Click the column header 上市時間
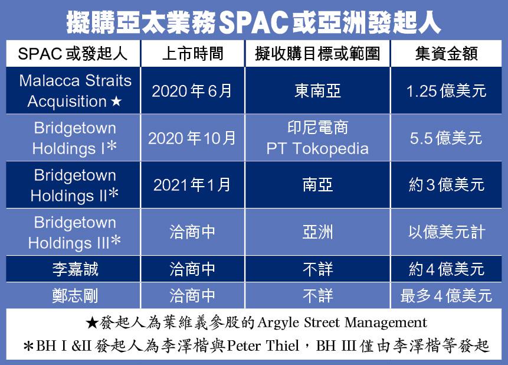193,54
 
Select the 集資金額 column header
446,54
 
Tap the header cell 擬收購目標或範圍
317,54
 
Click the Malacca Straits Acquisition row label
75,91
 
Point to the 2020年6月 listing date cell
192,91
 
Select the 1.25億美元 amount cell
446,91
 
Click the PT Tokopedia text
317,149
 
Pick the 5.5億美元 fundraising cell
446,138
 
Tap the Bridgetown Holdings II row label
75,185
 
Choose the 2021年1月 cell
192,185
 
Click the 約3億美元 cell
446,185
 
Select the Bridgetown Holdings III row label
75,233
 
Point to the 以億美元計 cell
446,232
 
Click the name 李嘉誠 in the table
75,269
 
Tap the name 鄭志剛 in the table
75,296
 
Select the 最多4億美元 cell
446,296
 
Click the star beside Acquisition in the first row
116,102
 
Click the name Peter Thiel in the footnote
263,346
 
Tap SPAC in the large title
253,22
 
